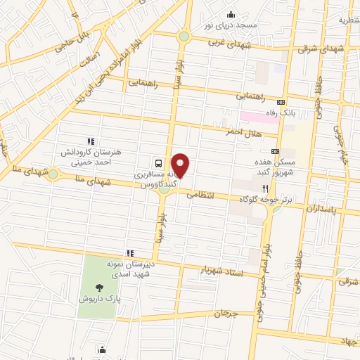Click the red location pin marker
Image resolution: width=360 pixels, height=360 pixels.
181,165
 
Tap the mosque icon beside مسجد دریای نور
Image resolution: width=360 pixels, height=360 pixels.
230,15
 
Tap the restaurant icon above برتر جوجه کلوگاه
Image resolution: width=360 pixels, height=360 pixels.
265,188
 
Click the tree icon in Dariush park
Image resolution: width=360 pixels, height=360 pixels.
98,287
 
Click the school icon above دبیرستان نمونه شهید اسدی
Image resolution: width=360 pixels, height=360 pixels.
129,252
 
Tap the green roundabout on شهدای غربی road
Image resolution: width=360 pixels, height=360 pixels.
184,36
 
